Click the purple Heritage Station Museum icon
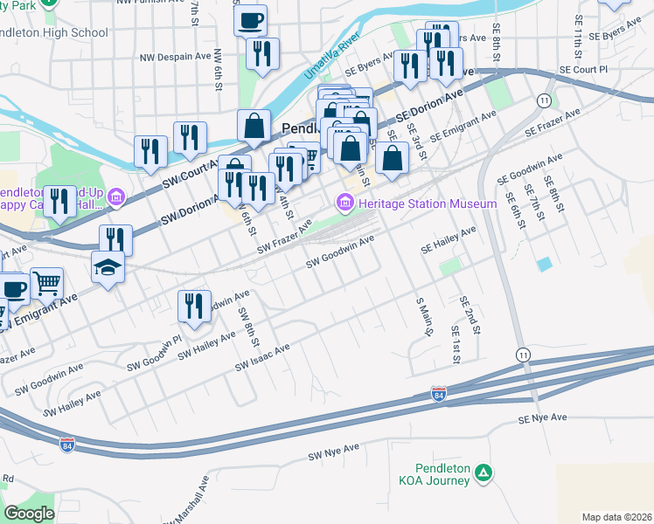pos(344,204)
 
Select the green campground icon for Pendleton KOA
pos(484,474)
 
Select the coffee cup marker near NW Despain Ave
pos(251,19)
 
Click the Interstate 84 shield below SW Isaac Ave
pos(439,395)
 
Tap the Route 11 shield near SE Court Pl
pos(544,101)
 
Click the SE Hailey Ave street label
pos(448,240)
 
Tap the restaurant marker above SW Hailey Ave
pos(194,305)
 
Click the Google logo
pos(29,514)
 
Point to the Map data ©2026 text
pos(616,517)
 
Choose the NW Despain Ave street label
pos(176,58)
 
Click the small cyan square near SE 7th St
pos(546,264)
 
